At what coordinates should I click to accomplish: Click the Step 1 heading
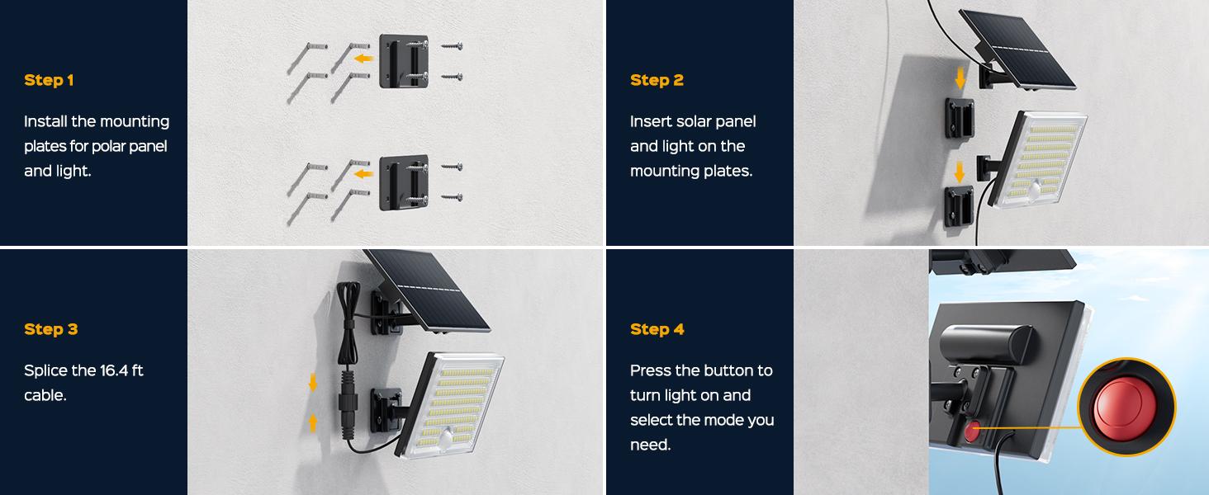[x=49, y=80]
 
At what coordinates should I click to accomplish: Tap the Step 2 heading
[x=657, y=80]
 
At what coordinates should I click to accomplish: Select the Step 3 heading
[x=50, y=329]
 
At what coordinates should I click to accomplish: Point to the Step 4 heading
[x=657, y=329]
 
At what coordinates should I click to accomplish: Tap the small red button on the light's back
[x=972, y=431]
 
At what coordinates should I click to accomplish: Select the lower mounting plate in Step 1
[x=404, y=182]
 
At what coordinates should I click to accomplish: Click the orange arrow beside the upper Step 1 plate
[x=364, y=58]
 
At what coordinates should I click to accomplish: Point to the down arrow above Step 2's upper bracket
[x=960, y=78]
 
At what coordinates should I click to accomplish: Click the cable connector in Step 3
[x=346, y=402]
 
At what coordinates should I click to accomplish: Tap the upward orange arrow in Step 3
[x=312, y=422]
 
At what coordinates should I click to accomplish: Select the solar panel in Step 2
[x=1017, y=49]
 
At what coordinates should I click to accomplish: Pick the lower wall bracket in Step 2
[x=959, y=205]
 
